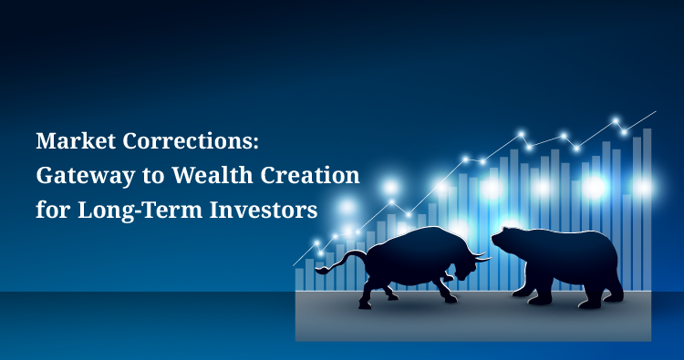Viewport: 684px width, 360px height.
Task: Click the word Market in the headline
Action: [76, 140]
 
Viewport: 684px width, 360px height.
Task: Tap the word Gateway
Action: [86, 176]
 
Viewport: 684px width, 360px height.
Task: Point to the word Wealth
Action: [212, 175]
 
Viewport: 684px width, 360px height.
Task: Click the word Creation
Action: [310, 175]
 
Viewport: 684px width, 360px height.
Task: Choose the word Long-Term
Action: [140, 210]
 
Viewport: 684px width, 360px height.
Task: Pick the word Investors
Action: [264, 210]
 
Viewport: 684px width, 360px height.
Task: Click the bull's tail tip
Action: [319, 271]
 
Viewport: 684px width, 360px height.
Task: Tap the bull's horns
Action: [482, 257]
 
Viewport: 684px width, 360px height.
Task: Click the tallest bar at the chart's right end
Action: [647, 210]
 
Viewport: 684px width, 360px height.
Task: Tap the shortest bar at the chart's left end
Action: [300, 280]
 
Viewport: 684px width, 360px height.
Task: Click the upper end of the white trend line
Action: [656, 111]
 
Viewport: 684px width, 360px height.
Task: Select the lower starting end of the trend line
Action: [293, 265]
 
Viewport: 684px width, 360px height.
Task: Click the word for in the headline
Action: [52, 210]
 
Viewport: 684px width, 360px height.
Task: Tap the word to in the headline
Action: [153, 176]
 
